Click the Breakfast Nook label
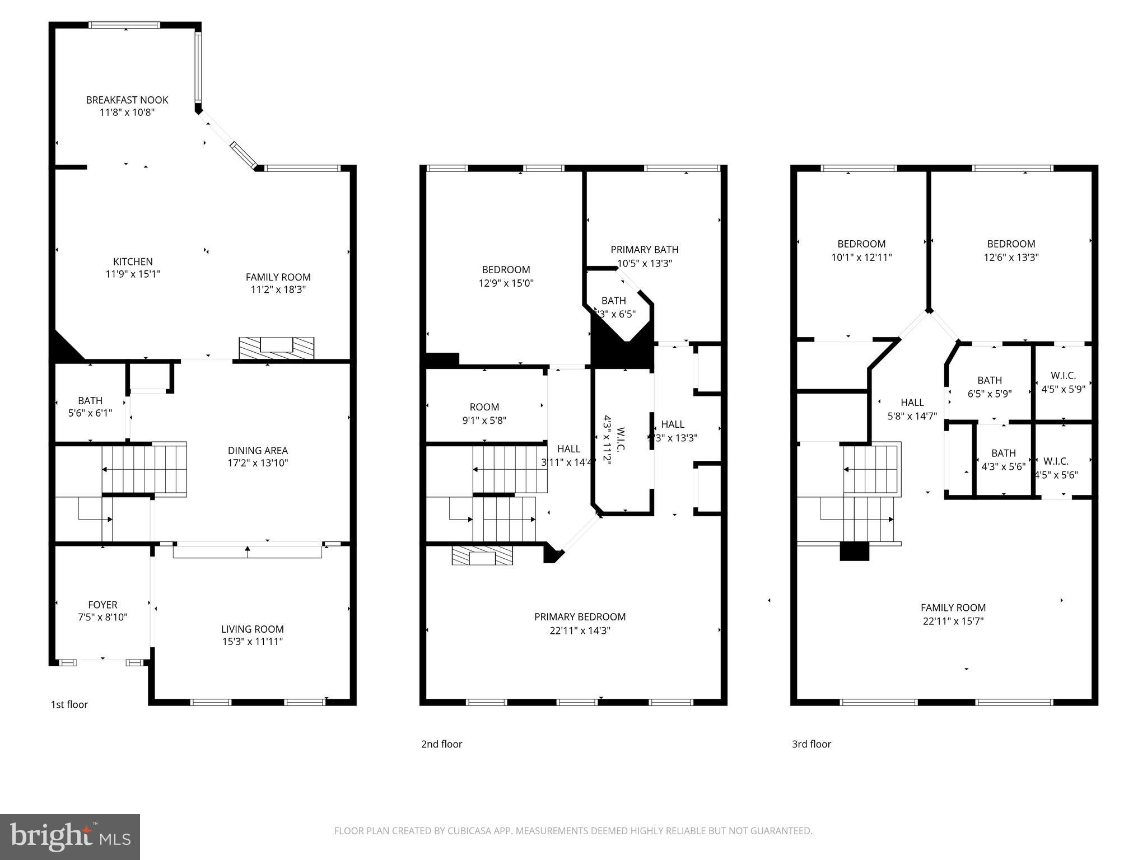tap(127, 100)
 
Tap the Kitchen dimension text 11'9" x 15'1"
tap(133, 274)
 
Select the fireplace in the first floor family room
tap(276, 348)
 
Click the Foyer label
tap(102, 605)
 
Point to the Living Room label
tap(252, 629)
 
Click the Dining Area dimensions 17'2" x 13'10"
tap(258, 463)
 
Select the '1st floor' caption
tap(69, 704)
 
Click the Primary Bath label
tap(644, 250)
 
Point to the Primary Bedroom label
tap(580, 617)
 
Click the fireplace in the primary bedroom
tap(482, 556)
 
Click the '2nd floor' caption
tap(441, 744)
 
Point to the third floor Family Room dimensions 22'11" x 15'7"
tap(953, 621)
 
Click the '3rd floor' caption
tap(811, 744)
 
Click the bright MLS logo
tap(70, 836)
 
